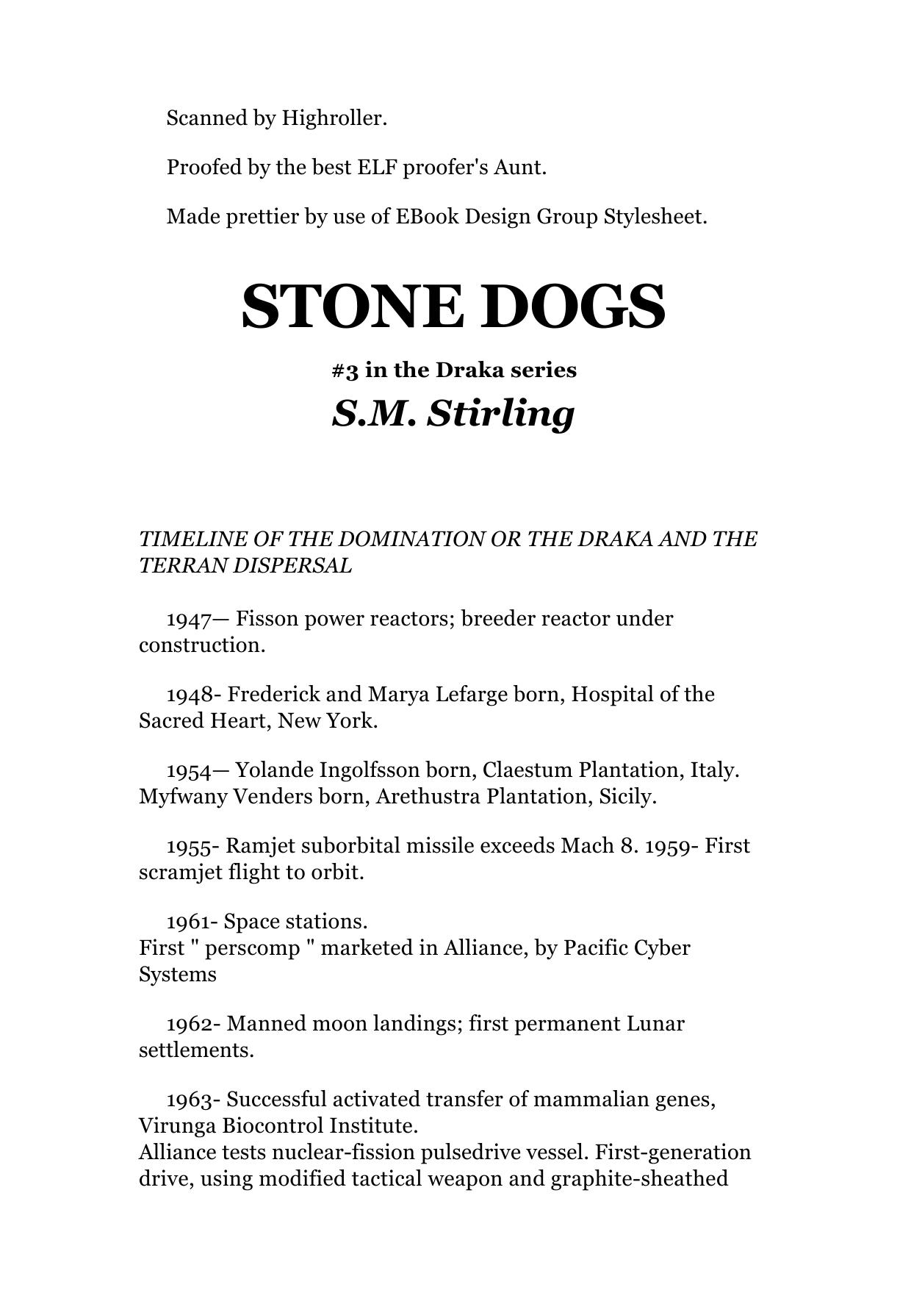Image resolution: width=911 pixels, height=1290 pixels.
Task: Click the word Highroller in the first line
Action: pos(334,118)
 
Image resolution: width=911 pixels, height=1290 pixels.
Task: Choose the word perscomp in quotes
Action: pos(253,948)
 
